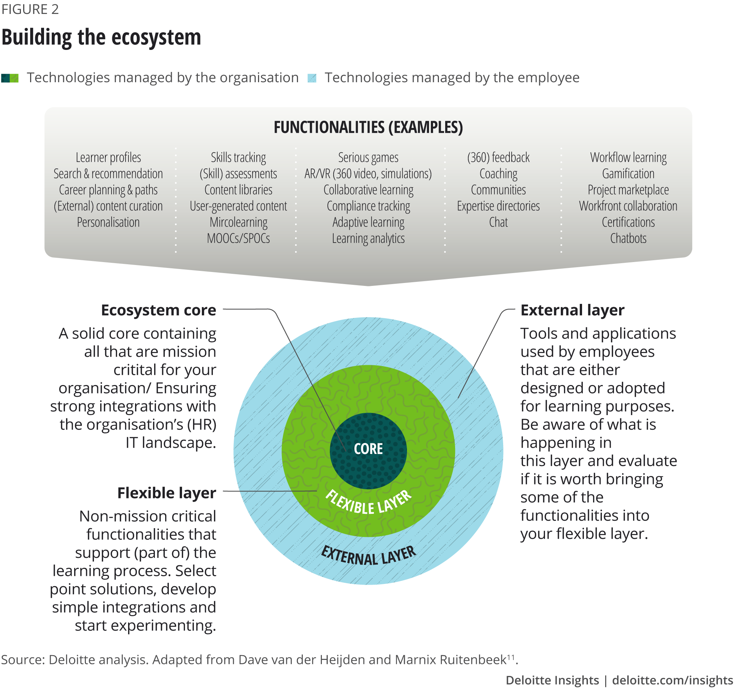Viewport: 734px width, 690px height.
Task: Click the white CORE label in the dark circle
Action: tap(368, 449)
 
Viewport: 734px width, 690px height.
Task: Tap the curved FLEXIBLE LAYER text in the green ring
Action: tap(368, 503)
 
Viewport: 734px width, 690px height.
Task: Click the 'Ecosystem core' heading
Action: tap(159, 310)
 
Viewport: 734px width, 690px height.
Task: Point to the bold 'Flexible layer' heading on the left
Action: tap(167, 493)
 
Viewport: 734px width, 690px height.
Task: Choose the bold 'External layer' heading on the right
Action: tap(572, 310)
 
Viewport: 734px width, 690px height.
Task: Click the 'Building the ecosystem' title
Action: tap(101, 37)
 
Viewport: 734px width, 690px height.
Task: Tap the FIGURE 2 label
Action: tap(30, 9)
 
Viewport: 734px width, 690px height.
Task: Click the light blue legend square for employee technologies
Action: tap(312, 78)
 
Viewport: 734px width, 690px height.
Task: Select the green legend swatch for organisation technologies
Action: tap(10, 78)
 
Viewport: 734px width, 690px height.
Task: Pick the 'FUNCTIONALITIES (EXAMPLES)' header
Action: tap(368, 127)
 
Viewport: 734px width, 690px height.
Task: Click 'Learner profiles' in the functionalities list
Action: tap(108, 158)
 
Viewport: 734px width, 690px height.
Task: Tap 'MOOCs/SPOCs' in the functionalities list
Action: tap(238, 239)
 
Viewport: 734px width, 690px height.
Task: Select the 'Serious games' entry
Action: tap(368, 158)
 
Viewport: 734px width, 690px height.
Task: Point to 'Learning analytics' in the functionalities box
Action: tap(368, 239)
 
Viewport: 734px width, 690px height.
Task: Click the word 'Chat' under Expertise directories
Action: tap(498, 222)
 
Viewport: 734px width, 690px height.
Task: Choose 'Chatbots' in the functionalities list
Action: tap(628, 239)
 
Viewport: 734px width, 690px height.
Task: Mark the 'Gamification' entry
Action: tap(628, 174)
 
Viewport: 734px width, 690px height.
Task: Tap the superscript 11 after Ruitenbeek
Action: tap(510, 657)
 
